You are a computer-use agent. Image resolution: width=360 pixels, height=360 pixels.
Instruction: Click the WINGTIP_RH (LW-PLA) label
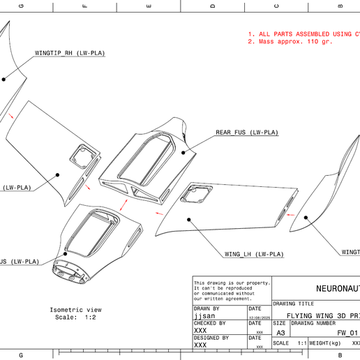[70, 53]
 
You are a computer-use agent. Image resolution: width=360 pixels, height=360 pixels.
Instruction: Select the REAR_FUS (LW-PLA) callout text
[246, 133]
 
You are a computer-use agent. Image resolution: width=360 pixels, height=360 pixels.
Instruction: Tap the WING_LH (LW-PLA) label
[254, 254]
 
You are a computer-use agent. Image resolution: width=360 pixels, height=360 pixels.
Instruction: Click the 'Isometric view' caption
[75, 310]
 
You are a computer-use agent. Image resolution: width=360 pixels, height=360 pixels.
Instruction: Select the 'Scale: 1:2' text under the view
[75, 318]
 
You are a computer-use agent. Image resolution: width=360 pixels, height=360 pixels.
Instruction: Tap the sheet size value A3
[280, 333]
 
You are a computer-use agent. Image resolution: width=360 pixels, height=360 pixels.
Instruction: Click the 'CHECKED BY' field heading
[209, 324]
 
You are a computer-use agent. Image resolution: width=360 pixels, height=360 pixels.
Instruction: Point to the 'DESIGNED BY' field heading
[211, 338]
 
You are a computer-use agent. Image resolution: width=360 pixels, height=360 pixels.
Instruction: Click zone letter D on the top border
[213, 6]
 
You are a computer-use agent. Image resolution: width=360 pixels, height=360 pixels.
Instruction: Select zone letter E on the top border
[149, 6]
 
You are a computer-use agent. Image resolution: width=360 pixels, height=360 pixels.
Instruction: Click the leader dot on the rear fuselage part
[184, 152]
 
